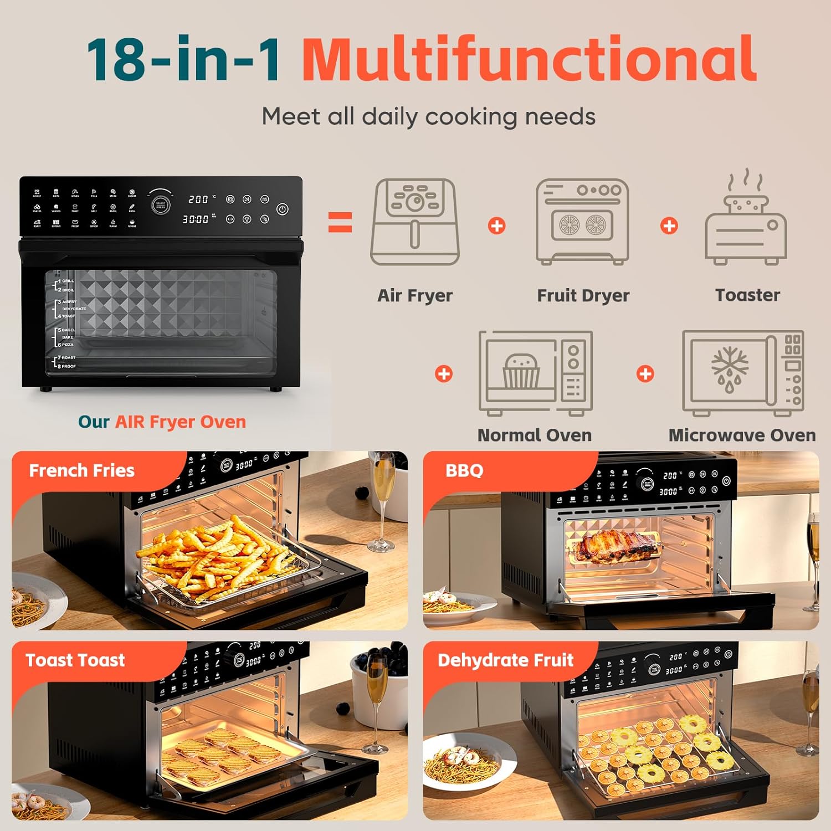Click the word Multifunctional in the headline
(x=529, y=59)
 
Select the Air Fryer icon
(x=415, y=222)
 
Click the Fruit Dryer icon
(x=582, y=222)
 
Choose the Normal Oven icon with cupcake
(x=535, y=372)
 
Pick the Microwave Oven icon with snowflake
(x=742, y=372)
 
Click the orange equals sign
(x=340, y=222)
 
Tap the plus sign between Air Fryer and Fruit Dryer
(x=497, y=226)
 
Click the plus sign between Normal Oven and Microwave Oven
(x=645, y=374)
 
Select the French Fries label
(x=81, y=470)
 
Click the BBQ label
(x=464, y=470)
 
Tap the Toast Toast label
(x=75, y=660)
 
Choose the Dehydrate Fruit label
(x=505, y=660)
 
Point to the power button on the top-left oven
(x=283, y=209)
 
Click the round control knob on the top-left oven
(x=161, y=204)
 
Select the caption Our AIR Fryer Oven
(x=162, y=422)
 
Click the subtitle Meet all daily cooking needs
(x=428, y=117)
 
